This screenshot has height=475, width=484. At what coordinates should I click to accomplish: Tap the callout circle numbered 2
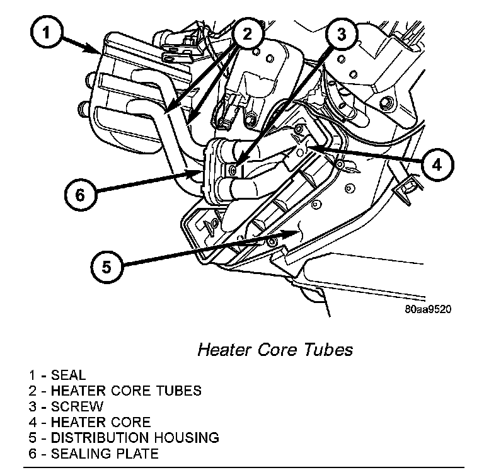[247, 33]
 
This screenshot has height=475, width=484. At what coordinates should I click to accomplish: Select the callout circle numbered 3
[341, 34]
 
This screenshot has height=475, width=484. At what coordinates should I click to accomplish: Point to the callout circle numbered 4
[437, 164]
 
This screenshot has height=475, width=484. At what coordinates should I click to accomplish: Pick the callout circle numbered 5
[106, 266]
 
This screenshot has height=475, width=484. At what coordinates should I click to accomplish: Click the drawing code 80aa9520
[429, 309]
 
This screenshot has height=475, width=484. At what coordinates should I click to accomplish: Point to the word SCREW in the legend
[77, 406]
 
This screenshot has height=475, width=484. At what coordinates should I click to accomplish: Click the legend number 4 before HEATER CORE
[32, 422]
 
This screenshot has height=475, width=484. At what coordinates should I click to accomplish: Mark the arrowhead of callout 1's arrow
[97, 50]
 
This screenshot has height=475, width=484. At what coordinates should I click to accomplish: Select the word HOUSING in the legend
[188, 437]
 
